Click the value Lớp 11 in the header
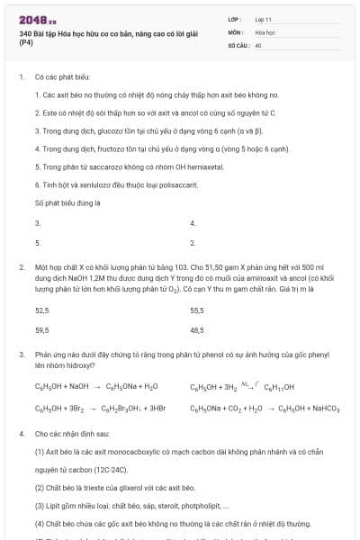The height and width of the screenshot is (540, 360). tap(263, 19)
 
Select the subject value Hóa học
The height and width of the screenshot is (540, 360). tap(265, 31)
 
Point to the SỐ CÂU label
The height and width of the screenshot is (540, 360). tap(237, 44)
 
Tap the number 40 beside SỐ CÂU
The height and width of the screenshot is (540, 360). tap(258, 44)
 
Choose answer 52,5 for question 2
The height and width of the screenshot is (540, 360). tap(41, 309)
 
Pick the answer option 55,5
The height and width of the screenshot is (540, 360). tap(197, 309)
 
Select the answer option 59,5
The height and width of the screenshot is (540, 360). tap(41, 329)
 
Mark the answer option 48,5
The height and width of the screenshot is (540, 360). tap(197, 329)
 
